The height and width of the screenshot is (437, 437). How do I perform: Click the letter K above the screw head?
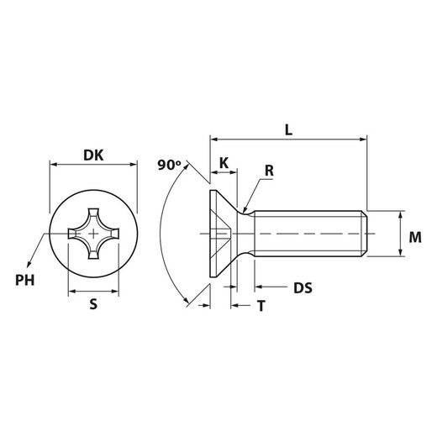[x=224, y=161]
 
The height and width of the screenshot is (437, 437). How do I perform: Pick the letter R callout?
[x=269, y=171]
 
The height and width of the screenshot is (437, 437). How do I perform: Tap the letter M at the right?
[x=414, y=238]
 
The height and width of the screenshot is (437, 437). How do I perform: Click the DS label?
[x=303, y=288]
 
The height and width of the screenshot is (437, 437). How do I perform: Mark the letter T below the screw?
[x=261, y=307]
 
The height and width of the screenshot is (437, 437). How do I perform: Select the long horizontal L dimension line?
[x=288, y=140]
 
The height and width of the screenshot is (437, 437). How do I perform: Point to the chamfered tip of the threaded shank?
[x=366, y=233]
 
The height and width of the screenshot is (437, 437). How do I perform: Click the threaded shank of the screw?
[x=307, y=233]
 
